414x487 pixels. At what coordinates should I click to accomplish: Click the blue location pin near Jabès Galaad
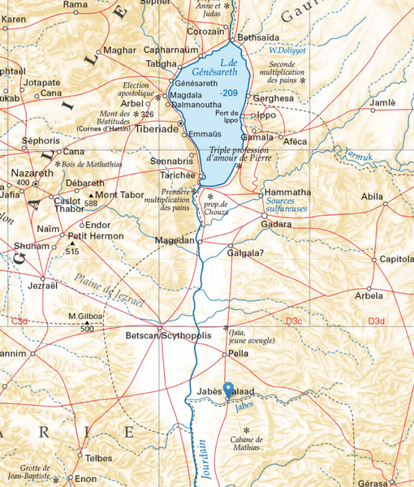pos(228,389)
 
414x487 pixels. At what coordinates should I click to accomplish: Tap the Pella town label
pos(239,355)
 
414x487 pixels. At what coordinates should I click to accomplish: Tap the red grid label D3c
pos(294,322)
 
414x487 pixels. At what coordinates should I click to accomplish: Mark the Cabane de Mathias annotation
pos(245,442)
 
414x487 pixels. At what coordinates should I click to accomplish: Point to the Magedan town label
pos(175,241)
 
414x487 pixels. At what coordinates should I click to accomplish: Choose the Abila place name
pos(372,196)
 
